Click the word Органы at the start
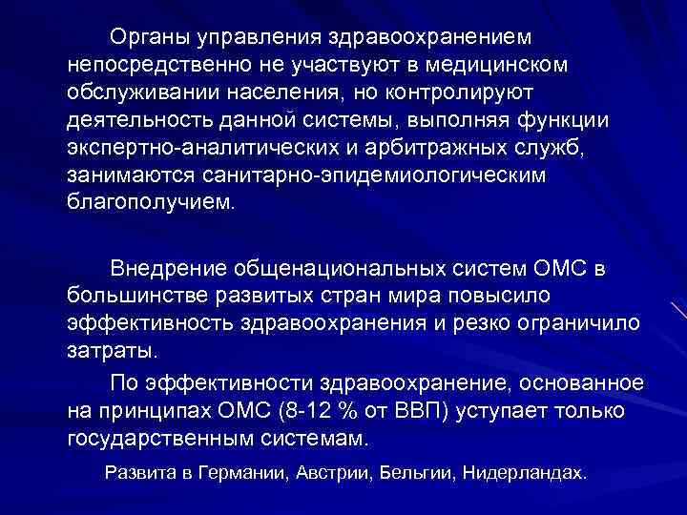[x=150, y=37]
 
